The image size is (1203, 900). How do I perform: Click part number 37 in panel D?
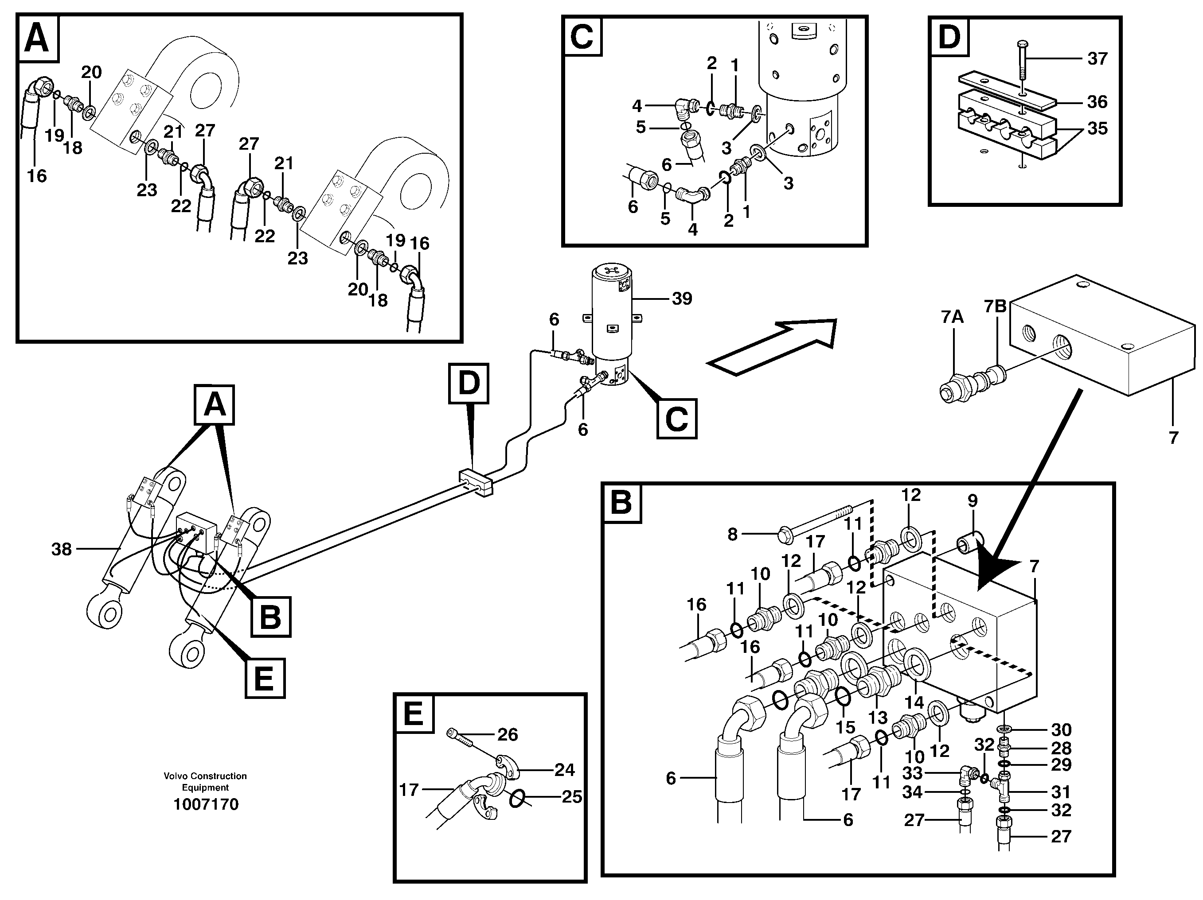pyautogui.click(x=1097, y=59)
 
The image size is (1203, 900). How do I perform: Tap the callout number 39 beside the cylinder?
pyautogui.click(x=682, y=299)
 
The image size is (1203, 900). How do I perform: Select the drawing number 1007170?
pyautogui.click(x=206, y=804)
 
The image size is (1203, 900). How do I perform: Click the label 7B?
pyautogui.click(x=995, y=306)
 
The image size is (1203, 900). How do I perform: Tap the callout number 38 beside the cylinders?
pyautogui.click(x=62, y=550)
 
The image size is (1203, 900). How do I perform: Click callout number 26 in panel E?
pyautogui.click(x=508, y=735)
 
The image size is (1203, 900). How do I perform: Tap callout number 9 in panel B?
pyautogui.click(x=973, y=500)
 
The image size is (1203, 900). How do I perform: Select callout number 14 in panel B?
pyautogui.click(x=914, y=702)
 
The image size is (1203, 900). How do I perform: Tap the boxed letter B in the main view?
pyautogui.click(x=270, y=617)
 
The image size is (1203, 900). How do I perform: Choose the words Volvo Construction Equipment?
pyautogui.click(x=205, y=782)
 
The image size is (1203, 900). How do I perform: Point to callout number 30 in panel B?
pyautogui.click(x=1061, y=730)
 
